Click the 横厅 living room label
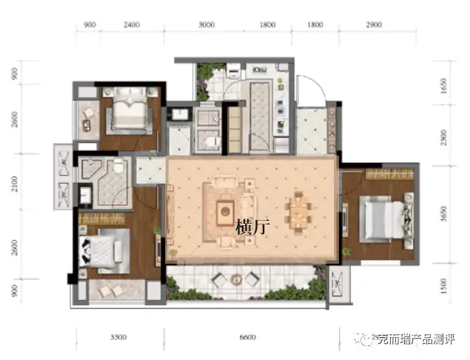click(253, 227)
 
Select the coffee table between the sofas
click(226, 212)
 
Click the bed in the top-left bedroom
click(130, 110)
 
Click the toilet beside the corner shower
click(118, 166)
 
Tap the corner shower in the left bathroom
click(91, 169)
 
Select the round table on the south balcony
click(238, 279)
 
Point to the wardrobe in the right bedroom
click(389, 174)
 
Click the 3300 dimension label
click(118, 338)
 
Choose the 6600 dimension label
click(248, 338)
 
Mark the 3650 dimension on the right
click(444, 214)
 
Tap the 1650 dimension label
click(444, 86)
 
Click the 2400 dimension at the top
click(132, 24)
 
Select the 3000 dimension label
click(207, 24)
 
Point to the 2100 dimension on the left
click(14, 184)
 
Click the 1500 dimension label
click(444, 286)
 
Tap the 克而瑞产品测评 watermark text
click(416, 339)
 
